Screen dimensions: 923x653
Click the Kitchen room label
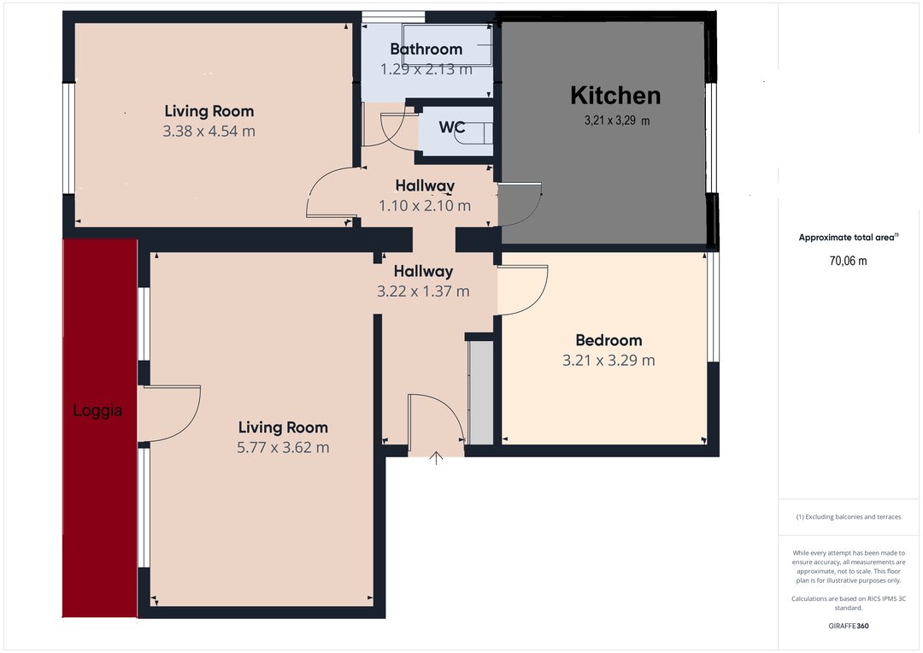click(x=615, y=96)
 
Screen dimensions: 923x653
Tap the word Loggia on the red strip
click(x=97, y=410)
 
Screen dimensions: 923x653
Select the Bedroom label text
click(x=608, y=340)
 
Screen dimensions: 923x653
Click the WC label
click(x=451, y=127)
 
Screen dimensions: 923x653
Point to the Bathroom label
click(x=426, y=50)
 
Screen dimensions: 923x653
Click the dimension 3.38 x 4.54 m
click(x=209, y=132)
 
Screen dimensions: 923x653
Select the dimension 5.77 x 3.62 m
click(x=283, y=448)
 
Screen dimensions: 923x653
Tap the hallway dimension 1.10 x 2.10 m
click(x=425, y=206)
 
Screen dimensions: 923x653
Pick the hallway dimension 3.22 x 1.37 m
click(x=423, y=291)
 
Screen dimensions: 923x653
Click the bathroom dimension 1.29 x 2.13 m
click(x=426, y=69)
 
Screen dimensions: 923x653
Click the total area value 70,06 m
click(x=849, y=261)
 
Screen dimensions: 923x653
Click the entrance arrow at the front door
click(x=436, y=458)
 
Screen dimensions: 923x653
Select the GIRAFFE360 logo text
click(x=849, y=626)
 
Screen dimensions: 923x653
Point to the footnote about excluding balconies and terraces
click(x=849, y=517)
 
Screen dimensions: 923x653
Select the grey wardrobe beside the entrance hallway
click(x=481, y=393)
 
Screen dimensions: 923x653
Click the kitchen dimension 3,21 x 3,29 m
click(x=617, y=121)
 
